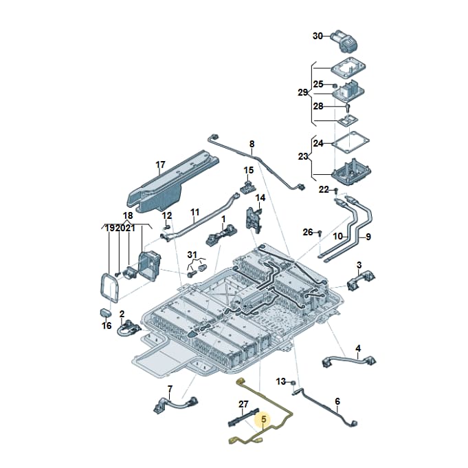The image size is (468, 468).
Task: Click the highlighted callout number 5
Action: point(263,419)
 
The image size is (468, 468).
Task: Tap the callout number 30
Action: point(318,36)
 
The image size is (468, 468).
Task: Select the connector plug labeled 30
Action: point(344,41)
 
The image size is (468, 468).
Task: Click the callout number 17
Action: point(160,164)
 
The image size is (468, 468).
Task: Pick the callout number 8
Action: point(252,144)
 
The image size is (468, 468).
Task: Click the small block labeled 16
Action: point(105,313)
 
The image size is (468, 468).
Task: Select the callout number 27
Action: point(243,404)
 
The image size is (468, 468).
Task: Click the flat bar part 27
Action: point(243,418)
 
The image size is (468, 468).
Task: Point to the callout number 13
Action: point(281,381)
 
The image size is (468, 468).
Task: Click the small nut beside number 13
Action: point(293,382)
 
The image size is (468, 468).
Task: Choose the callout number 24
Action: point(318,143)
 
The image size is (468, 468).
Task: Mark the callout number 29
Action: point(302,93)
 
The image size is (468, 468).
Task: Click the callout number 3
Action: point(359,265)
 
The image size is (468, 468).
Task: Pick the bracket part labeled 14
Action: point(254,218)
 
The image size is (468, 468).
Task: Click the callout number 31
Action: point(192,255)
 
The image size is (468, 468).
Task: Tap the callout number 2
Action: point(122,314)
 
